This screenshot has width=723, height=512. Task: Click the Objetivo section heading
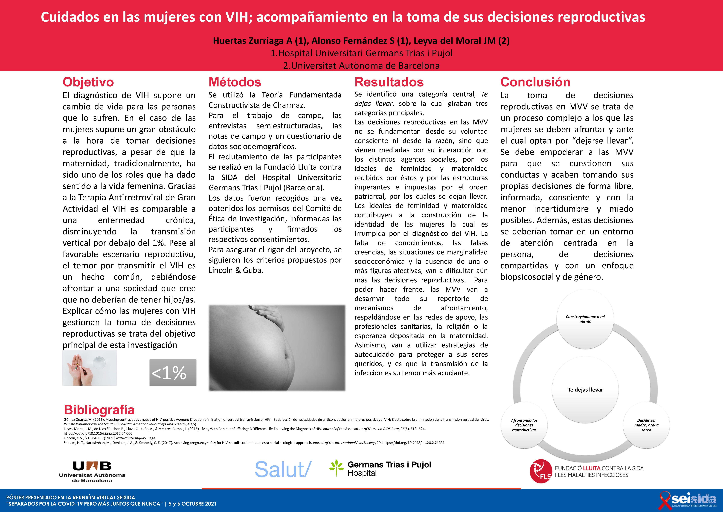tap(88, 82)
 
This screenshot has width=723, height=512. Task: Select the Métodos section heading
tap(235, 82)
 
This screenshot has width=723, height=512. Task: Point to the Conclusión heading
tap(535, 82)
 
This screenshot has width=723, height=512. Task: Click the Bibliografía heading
tap(99, 410)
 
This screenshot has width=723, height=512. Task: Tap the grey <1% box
tap(173, 372)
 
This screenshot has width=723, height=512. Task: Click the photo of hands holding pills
tap(89, 368)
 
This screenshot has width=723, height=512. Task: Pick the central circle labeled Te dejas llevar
tap(585, 390)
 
